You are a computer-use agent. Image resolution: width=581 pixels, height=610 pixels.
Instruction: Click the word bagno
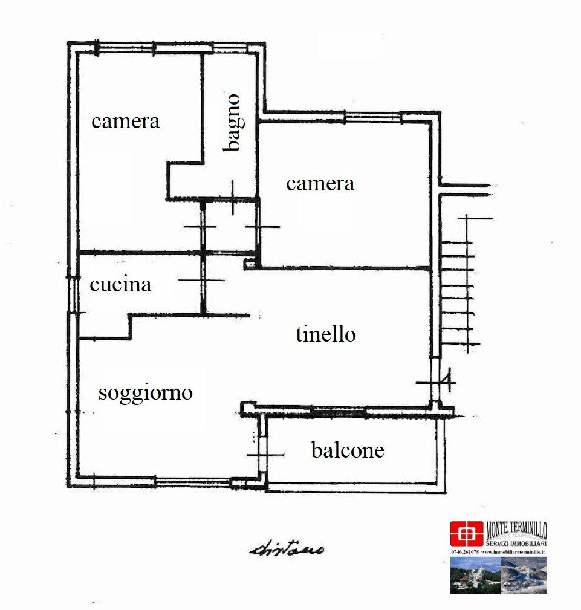pyautogui.click(x=232, y=123)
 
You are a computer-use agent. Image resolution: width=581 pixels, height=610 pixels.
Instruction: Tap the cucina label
pyautogui.click(x=120, y=284)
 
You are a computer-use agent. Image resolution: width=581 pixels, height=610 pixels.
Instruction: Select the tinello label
pyautogui.click(x=325, y=334)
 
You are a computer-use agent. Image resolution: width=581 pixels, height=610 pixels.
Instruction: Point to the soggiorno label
pyautogui.click(x=145, y=393)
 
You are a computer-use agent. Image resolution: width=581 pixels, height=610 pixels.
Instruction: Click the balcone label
pyautogui.click(x=348, y=450)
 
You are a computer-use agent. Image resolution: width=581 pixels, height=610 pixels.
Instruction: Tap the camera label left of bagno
pyautogui.click(x=126, y=121)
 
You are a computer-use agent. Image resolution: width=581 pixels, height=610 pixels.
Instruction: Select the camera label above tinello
pyautogui.click(x=320, y=183)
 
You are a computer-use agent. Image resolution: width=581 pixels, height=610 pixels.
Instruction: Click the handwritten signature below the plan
pyautogui.click(x=287, y=549)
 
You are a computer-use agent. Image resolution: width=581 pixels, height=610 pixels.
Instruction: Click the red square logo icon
pyautogui.click(x=466, y=534)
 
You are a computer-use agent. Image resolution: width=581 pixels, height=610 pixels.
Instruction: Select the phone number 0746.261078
pyautogui.click(x=464, y=552)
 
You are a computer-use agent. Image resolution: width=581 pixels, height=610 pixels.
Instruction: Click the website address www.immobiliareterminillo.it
pyautogui.click(x=513, y=552)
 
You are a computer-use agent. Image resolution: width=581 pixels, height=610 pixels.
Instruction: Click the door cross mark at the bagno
pyautogui.click(x=233, y=197)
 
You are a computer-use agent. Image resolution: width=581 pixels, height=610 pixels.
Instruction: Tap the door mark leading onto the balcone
pyautogui.click(x=264, y=455)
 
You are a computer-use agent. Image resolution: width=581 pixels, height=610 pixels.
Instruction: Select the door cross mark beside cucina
pyautogui.click(x=201, y=280)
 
